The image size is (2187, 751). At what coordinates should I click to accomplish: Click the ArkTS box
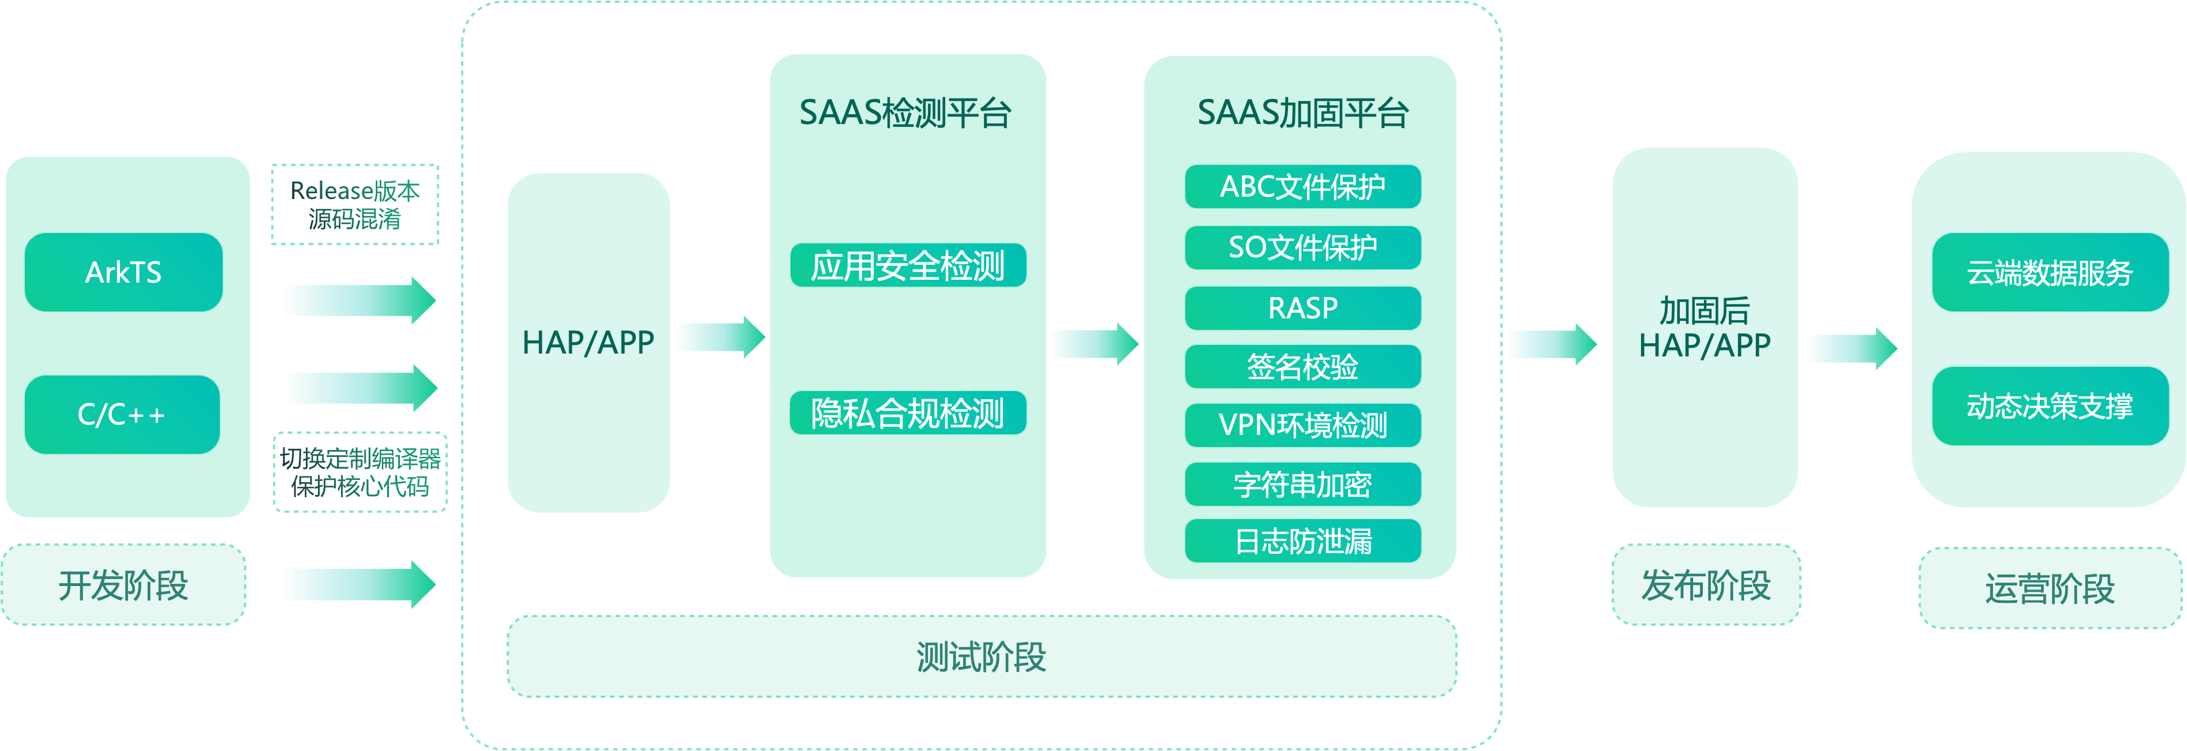click(x=123, y=272)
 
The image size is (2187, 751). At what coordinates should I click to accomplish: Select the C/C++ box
click(x=121, y=414)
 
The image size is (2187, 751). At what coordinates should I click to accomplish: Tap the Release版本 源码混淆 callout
click(x=355, y=205)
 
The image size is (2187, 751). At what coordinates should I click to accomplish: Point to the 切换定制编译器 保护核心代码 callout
click(x=360, y=472)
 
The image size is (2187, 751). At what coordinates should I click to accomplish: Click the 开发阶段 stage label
click(x=123, y=585)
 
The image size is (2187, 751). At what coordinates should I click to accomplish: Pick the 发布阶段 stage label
click(x=1706, y=585)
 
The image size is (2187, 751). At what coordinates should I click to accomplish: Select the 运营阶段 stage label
click(x=2050, y=588)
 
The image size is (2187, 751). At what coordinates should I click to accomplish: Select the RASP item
click(x=1303, y=307)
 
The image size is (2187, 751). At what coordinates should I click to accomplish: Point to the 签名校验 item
click(x=1303, y=367)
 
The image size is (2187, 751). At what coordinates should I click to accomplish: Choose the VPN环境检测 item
click(x=1303, y=425)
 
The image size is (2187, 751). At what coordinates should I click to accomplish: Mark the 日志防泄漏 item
click(x=1303, y=540)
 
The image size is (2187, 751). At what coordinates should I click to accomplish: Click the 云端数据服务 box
click(x=2050, y=272)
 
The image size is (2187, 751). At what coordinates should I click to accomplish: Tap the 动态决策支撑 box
click(x=2050, y=405)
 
